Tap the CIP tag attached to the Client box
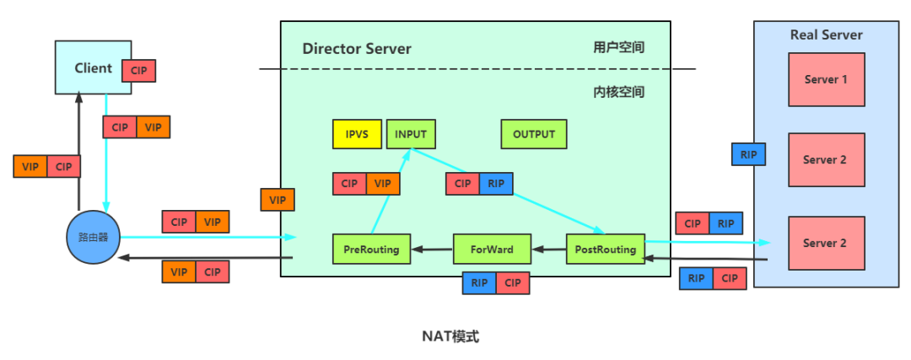[x=139, y=71]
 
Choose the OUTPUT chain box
[x=534, y=134]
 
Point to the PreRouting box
[x=371, y=249]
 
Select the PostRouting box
[x=605, y=249]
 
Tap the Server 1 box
[x=826, y=79]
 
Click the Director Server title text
[x=357, y=48]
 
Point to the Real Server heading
[x=826, y=35]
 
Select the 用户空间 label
[x=618, y=47]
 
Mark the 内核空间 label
[x=618, y=91]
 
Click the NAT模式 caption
[x=450, y=336]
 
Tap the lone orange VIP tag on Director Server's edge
[x=278, y=200]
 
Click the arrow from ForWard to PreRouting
[x=431, y=249]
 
